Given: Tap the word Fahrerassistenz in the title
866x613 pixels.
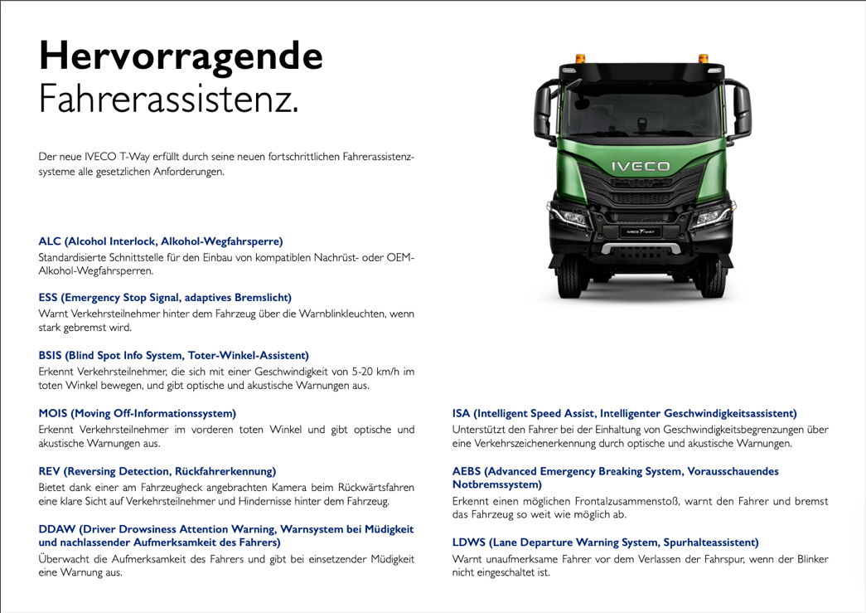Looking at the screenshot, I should tap(168, 100).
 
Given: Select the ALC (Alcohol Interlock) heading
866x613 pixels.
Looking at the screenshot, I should tap(161, 241).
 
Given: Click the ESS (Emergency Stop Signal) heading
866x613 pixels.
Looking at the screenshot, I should tap(165, 297).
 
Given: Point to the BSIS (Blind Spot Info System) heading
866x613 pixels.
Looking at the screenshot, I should tap(173, 355).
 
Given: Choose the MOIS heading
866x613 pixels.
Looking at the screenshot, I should tap(137, 412).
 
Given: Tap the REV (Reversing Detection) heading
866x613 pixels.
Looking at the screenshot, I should tap(157, 470).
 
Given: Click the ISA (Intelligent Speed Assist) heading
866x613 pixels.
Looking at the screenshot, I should tap(624, 412).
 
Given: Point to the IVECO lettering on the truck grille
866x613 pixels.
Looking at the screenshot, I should tap(640, 167).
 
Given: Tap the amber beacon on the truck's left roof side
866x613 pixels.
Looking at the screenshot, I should tap(579, 58).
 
